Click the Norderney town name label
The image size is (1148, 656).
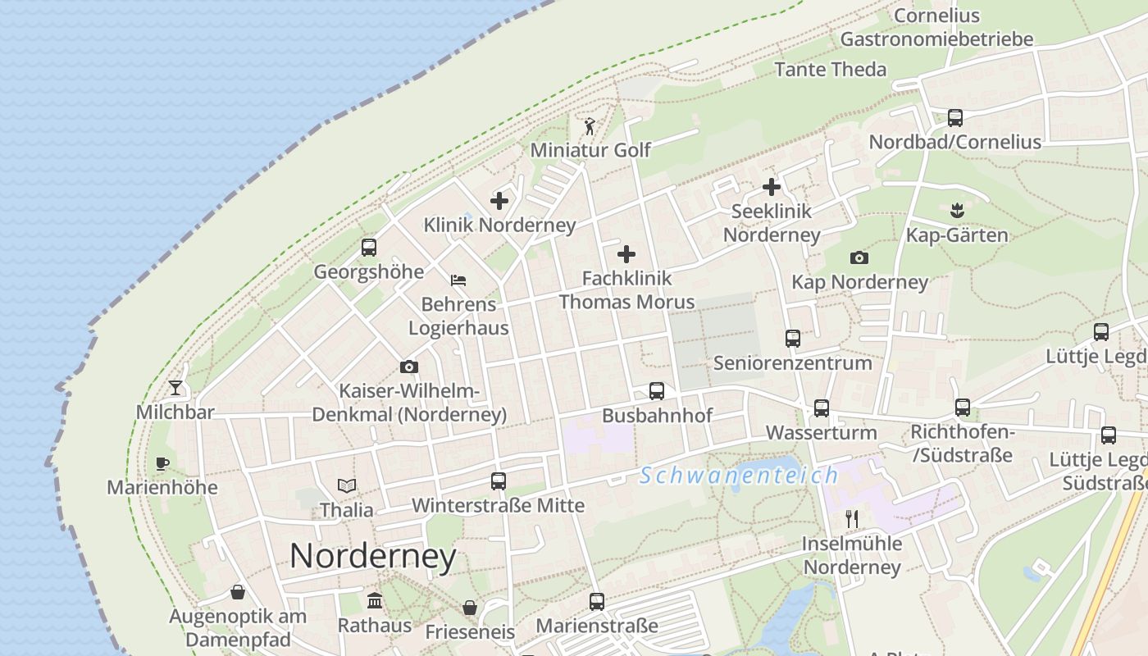[373, 556]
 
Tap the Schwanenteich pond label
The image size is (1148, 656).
[740, 475]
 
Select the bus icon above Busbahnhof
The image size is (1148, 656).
[657, 391]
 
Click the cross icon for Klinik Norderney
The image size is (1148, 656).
[499, 200]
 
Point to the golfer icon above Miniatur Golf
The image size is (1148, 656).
[590, 126]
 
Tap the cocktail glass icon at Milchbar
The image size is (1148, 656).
[175, 387]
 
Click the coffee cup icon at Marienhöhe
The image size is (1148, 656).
[162, 463]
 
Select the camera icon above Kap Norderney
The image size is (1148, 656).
[859, 258]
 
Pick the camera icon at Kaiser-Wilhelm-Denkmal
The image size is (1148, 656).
[408, 367]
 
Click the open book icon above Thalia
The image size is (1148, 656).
[347, 485]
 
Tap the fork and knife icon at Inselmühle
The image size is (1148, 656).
[852, 518]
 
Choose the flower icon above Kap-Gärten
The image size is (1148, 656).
[956, 211]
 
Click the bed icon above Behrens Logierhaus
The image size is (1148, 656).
[458, 280]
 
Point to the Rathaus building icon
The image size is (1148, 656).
[375, 600]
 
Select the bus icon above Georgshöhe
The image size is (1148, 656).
[369, 247]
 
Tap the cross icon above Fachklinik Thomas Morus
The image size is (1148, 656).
[626, 253]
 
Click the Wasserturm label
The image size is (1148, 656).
[821, 432]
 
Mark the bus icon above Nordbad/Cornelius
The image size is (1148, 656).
[955, 117]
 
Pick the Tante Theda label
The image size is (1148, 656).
[831, 69]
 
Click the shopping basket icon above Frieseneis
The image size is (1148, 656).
[470, 608]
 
